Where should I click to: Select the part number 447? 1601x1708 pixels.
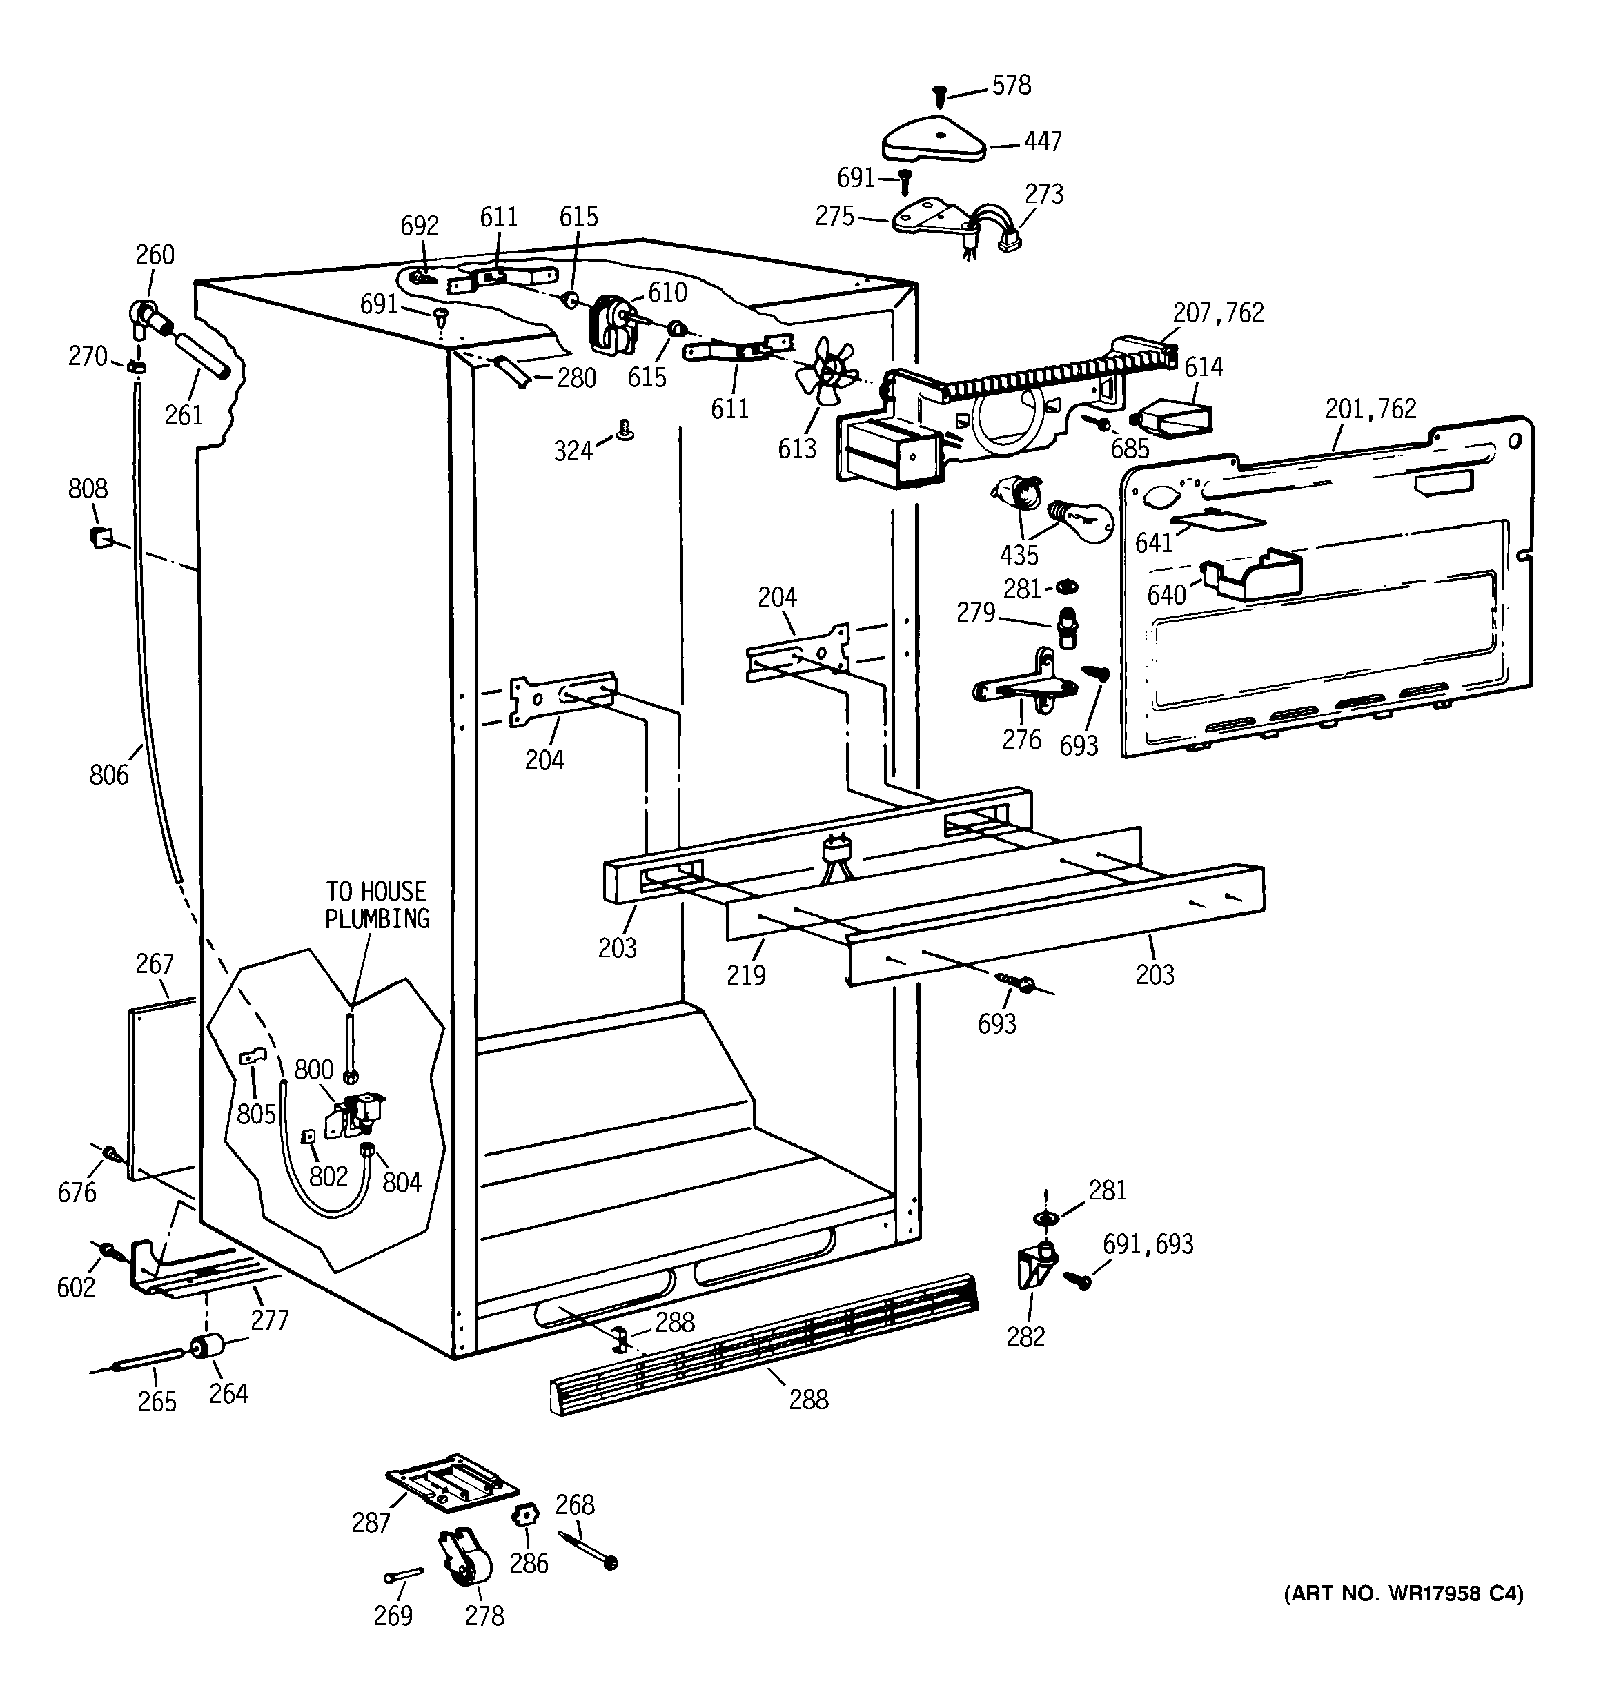(1043, 141)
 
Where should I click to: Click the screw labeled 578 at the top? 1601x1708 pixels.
(939, 97)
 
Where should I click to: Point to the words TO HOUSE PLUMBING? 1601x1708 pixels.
(376, 905)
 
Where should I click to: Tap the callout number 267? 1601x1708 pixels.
(155, 964)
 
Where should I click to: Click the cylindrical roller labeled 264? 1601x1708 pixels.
(206, 1347)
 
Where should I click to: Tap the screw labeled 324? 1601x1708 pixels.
(625, 429)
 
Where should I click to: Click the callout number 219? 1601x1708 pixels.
(745, 974)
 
